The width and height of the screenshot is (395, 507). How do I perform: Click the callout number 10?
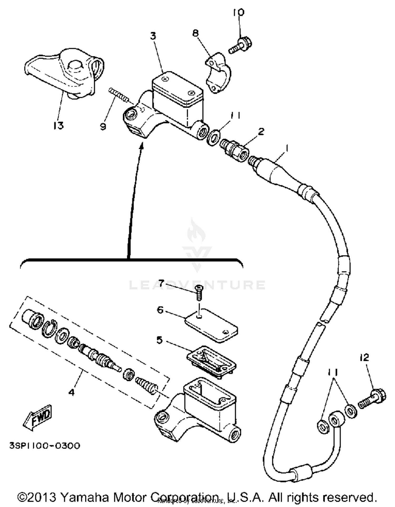coord(239,12)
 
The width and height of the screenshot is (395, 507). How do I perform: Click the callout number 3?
coord(153,36)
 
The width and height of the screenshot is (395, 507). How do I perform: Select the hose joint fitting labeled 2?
coord(234,150)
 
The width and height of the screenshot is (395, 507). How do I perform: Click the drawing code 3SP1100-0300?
coord(45,446)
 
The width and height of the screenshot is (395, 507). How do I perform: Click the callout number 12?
coord(364,358)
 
